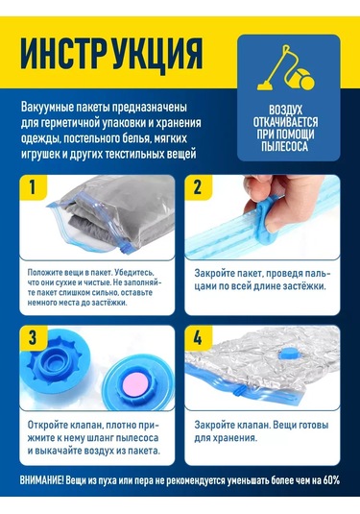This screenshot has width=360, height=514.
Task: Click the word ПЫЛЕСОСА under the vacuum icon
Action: point(285,146)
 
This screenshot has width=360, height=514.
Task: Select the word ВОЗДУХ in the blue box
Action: point(286,110)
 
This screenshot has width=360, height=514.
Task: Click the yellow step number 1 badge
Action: point(33,187)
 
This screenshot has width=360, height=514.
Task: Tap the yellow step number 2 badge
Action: point(198,187)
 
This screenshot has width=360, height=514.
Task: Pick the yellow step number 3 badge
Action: point(33,337)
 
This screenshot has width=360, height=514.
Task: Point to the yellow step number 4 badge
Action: point(198,337)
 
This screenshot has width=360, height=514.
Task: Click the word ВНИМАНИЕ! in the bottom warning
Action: point(42,481)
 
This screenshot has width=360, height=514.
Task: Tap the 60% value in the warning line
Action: point(331,480)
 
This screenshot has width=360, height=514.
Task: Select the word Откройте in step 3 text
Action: point(47,426)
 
